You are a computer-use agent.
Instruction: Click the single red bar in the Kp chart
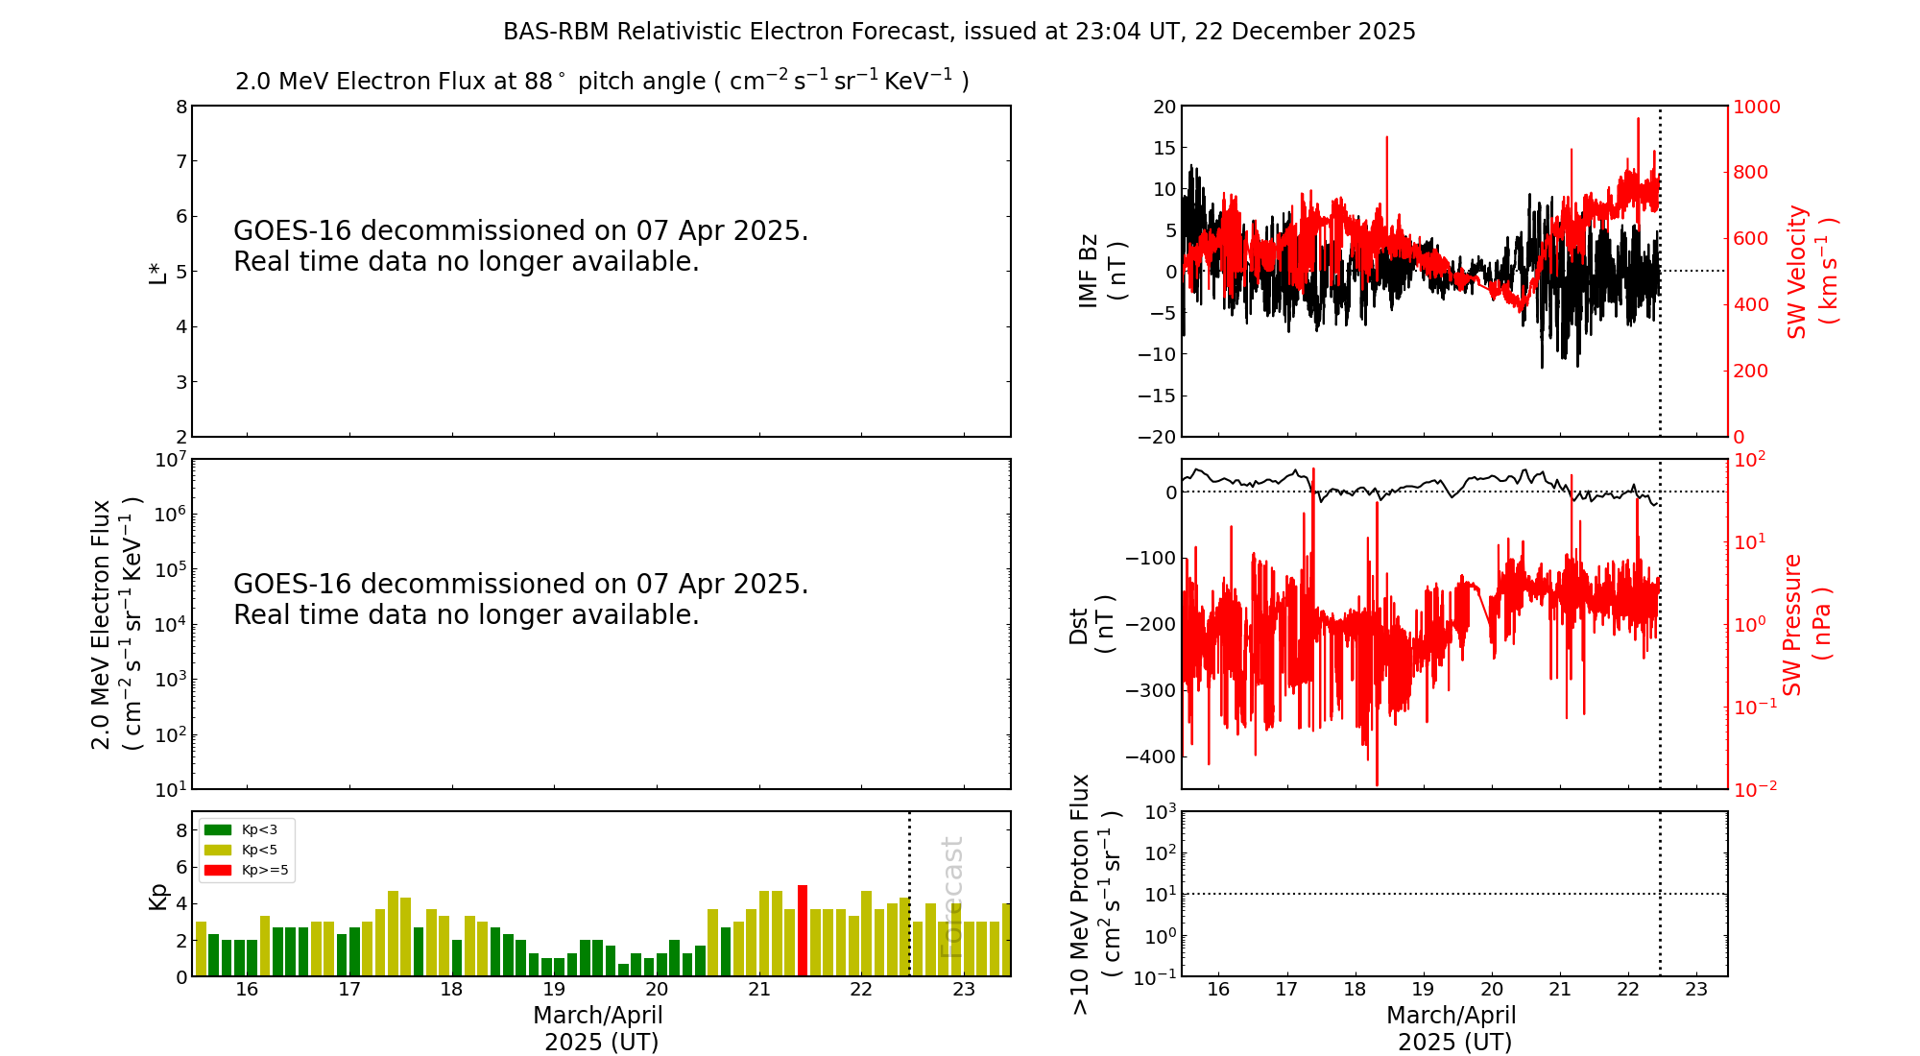pos(803,930)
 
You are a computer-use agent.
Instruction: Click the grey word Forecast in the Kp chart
pos(950,898)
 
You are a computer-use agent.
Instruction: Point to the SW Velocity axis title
pos(1811,272)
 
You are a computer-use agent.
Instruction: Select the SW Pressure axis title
pos(1806,624)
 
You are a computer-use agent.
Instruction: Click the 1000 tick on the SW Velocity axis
pos(1756,107)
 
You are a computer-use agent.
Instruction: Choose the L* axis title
pos(158,272)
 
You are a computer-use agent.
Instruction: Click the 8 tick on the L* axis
pos(181,107)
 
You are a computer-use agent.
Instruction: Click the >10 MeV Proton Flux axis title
pos(1095,895)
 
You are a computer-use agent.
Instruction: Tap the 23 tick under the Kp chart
pos(964,990)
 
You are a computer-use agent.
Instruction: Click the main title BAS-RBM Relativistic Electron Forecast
pos(959,32)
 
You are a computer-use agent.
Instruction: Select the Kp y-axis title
pos(158,896)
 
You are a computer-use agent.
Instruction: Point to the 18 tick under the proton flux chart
pos(1355,990)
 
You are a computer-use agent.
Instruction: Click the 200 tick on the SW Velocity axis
pos(1749,371)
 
